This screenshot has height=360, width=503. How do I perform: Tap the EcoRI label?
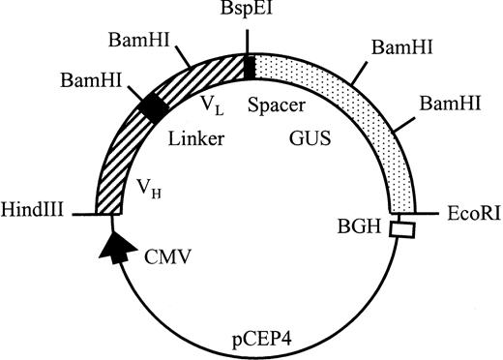click(470, 210)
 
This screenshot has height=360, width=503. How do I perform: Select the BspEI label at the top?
click(249, 13)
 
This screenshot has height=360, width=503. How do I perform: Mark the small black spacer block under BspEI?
click(249, 67)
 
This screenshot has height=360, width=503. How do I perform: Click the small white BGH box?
click(399, 229)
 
